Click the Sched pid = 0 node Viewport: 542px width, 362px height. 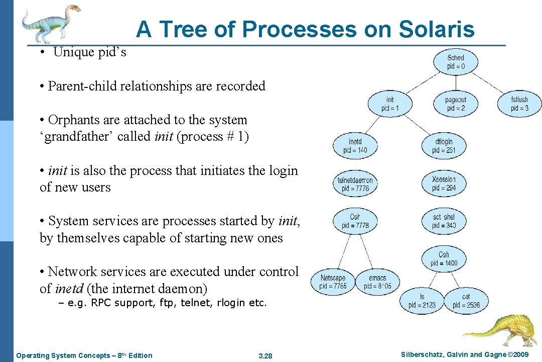[456, 62]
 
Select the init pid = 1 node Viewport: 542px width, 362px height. [390, 104]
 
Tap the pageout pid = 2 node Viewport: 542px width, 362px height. [456, 104]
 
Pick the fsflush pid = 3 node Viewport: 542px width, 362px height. [519, 104]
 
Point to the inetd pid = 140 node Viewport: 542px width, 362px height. [355, 146]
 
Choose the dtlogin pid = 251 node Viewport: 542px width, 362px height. [444, 146]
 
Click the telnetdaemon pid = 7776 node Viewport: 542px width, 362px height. [355, 184]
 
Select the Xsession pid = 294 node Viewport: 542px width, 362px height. [444, 184]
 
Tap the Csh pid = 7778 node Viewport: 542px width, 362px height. [355, 221]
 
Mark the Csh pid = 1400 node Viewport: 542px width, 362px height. [444, 259]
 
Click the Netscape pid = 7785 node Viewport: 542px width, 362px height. [333, 282]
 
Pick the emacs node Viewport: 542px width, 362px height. [377, 282]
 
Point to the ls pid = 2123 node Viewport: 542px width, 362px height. [422, 301]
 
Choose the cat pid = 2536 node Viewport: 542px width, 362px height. [466, 301]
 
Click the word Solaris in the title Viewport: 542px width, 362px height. [437, 29]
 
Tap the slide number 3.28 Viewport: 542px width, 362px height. [264, 356]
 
